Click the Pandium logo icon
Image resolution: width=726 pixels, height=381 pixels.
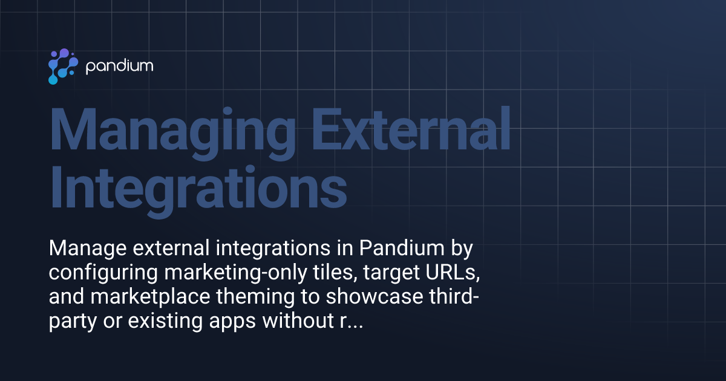(62, 66)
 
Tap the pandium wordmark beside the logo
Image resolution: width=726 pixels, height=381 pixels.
(119, 66)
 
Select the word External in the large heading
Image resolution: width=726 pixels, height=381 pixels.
(404, 132)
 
